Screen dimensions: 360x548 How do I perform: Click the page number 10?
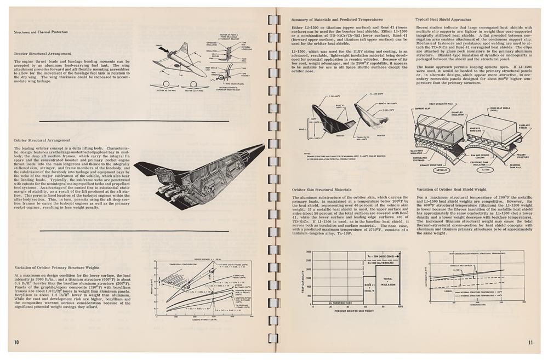[x=16, y=342]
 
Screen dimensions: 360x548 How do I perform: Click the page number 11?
[x=530, y=342]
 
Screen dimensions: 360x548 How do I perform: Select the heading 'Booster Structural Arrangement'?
[x=43, y=54]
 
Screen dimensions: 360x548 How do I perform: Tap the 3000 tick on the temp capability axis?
[x=309, y=252]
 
